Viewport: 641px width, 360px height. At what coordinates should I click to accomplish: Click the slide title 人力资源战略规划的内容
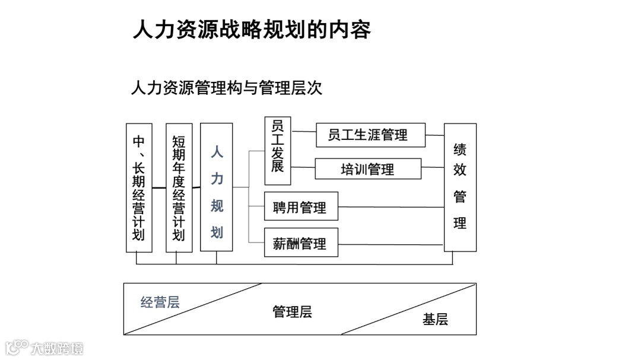tap(252, 29)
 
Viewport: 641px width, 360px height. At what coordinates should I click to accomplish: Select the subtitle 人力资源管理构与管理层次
tap(226, 88)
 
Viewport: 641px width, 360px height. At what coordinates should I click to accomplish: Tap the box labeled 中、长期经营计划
tap(139, 187)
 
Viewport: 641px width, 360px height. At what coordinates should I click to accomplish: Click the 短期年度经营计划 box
tap(179, 187)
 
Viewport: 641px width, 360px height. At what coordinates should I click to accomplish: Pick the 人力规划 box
tap(217, 187)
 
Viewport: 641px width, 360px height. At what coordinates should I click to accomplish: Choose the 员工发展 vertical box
tap(278, 151)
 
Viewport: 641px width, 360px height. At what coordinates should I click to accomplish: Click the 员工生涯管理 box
tap(370, 135)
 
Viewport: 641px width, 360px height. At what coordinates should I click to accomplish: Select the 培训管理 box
tap(367, 169)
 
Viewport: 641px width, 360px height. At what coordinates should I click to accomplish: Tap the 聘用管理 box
tap(301, 207)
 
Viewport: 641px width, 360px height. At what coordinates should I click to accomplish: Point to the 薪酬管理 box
tap(301, 243)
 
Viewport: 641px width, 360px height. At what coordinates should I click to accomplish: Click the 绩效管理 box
tap(460, 187)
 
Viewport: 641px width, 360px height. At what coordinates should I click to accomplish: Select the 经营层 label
tap(160, 302)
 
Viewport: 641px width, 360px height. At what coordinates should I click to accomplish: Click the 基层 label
tap(435, 320)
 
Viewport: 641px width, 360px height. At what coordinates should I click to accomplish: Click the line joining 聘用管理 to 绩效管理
tap(391, 207)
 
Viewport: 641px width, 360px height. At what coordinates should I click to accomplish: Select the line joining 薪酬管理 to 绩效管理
tap(391, 244)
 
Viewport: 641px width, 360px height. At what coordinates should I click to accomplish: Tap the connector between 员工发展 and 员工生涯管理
tap(303, 132)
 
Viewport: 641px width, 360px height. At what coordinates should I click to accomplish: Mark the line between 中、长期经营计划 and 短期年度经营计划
tap(158, 187)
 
